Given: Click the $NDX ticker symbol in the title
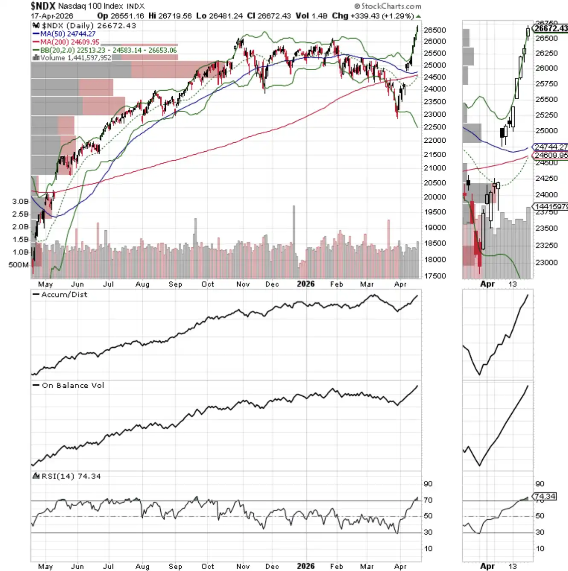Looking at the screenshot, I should [x=43, y=6].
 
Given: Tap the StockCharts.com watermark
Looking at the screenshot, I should [x=388, y=6].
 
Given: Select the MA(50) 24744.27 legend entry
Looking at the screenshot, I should [x=67, y=34].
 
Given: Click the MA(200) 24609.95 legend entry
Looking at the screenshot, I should [x=70, y=42].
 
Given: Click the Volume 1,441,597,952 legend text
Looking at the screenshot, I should [x=75, y=58].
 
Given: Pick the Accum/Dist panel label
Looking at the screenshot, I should [x=64, y=294].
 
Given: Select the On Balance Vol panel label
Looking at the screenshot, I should [x=72, y=385].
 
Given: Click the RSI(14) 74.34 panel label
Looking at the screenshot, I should [x=71, y=476].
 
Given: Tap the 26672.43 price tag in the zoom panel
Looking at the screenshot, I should [x=551, y=29].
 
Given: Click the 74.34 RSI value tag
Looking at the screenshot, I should [x=545, y=496].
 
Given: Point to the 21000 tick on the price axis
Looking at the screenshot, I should [x=435, y=168].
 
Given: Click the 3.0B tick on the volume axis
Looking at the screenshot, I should [x=20, y=201].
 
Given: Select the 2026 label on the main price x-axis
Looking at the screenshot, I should [x=306, y=284].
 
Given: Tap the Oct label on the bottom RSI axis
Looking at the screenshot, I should [x=208, y=566].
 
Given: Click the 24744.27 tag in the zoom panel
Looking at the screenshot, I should [x=551, y=147].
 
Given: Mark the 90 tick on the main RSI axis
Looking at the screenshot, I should [x=428, y=484].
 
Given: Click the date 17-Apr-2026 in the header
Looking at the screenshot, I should [x=52, y=16].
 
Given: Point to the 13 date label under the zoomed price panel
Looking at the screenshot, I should [x=513, y=284].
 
